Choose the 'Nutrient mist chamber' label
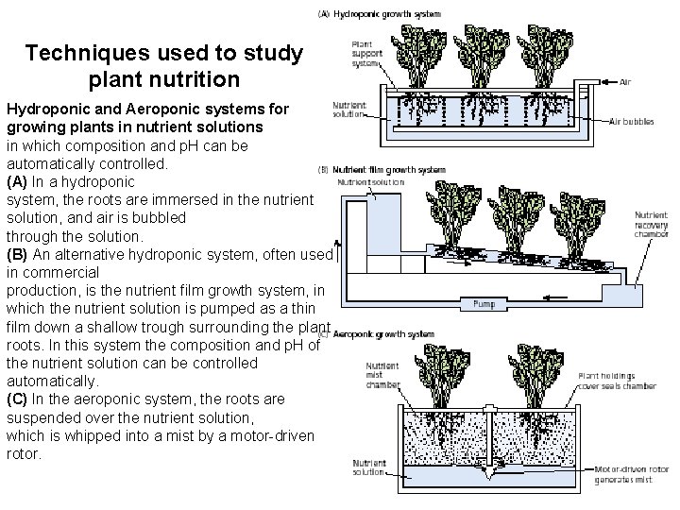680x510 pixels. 383,376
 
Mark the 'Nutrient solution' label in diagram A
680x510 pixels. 350,110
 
